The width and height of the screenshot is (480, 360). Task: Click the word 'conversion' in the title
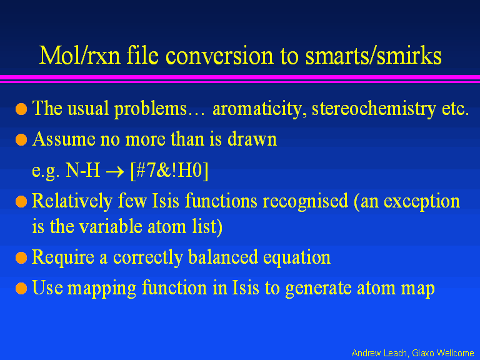pos(219,56)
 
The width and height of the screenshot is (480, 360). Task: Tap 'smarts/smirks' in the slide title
pos(374,56)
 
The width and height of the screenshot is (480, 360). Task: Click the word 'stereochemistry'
pos(374,109)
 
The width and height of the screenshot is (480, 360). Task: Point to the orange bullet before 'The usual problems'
pos(21,109)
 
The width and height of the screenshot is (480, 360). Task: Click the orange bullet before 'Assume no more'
pos(21,139)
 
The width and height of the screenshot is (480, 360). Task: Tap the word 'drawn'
pos(252,139)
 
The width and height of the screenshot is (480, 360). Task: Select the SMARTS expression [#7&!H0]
pos(169,170)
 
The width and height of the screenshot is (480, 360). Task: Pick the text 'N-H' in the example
pos(83,170)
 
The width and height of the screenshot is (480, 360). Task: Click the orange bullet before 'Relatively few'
pos(21,202)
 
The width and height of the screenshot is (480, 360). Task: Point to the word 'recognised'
pos(306,201)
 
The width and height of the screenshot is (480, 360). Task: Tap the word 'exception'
pos(422,202)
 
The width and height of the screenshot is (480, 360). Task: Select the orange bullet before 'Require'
pos(21,257)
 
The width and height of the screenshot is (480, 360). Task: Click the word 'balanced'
pos(223,256)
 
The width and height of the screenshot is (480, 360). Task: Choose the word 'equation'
pos(297,257)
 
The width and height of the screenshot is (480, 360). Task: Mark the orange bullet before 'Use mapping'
pos(21,288)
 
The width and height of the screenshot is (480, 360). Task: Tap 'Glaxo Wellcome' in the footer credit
pos(443,353)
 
